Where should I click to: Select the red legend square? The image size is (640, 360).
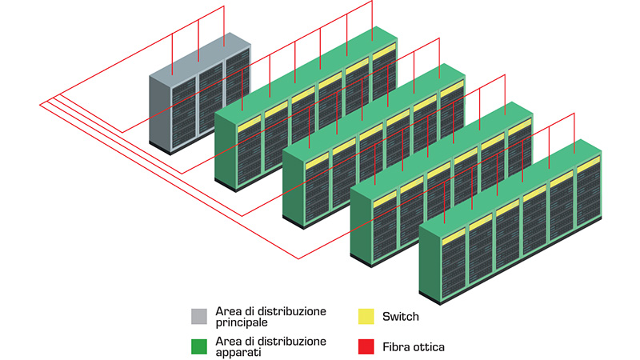tap(365, 346)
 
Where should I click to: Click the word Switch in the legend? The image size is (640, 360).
tap(401, 317)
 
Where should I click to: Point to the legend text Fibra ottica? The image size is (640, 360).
tap(414, 346)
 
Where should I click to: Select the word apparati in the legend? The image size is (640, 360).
tap(238, 352)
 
